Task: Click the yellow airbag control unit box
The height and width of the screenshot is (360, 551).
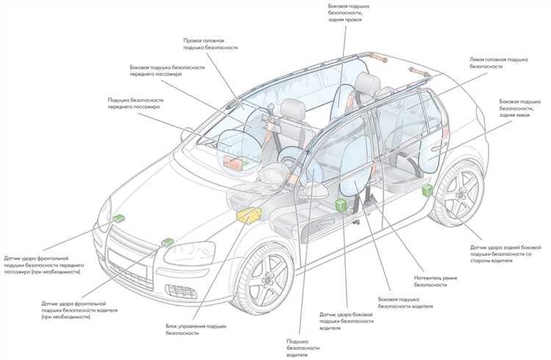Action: point(249,215)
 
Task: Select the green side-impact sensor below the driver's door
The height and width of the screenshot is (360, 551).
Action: point(340,205)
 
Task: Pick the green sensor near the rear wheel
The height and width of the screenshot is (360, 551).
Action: point(428,190)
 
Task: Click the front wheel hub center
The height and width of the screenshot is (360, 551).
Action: point(268,279)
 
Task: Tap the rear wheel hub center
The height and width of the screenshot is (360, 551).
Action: point(461,194)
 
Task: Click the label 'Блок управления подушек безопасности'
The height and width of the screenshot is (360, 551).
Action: point(196,329)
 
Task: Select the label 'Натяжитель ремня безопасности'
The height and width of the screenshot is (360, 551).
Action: point(436,281)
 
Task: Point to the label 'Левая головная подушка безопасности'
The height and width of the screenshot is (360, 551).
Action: point(499,62)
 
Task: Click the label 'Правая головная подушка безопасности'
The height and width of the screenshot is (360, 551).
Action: point(211,44)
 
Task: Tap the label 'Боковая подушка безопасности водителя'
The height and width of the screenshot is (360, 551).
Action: point(406,303)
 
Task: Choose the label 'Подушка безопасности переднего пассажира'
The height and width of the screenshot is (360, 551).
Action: point(135,104)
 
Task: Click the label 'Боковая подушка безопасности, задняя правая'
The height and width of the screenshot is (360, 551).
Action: point(348,13)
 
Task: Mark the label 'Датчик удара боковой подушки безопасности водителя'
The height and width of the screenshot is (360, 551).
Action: point(347,321)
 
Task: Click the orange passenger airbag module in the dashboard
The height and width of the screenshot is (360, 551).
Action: point(234,163)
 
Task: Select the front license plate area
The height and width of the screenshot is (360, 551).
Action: point(127,262)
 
